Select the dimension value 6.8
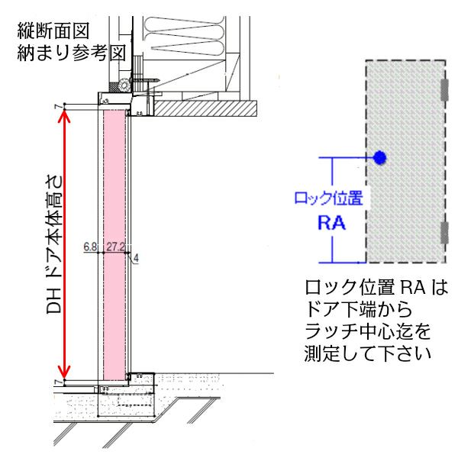(x=90, y=247)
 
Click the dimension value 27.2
(x=116, y=247)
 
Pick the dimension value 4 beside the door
(x=136, y=259)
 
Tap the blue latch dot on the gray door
(x=379, y=158)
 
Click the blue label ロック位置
(x=328, y=199)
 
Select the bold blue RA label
(x=331, y=224)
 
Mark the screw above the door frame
(x=145, y=79)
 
